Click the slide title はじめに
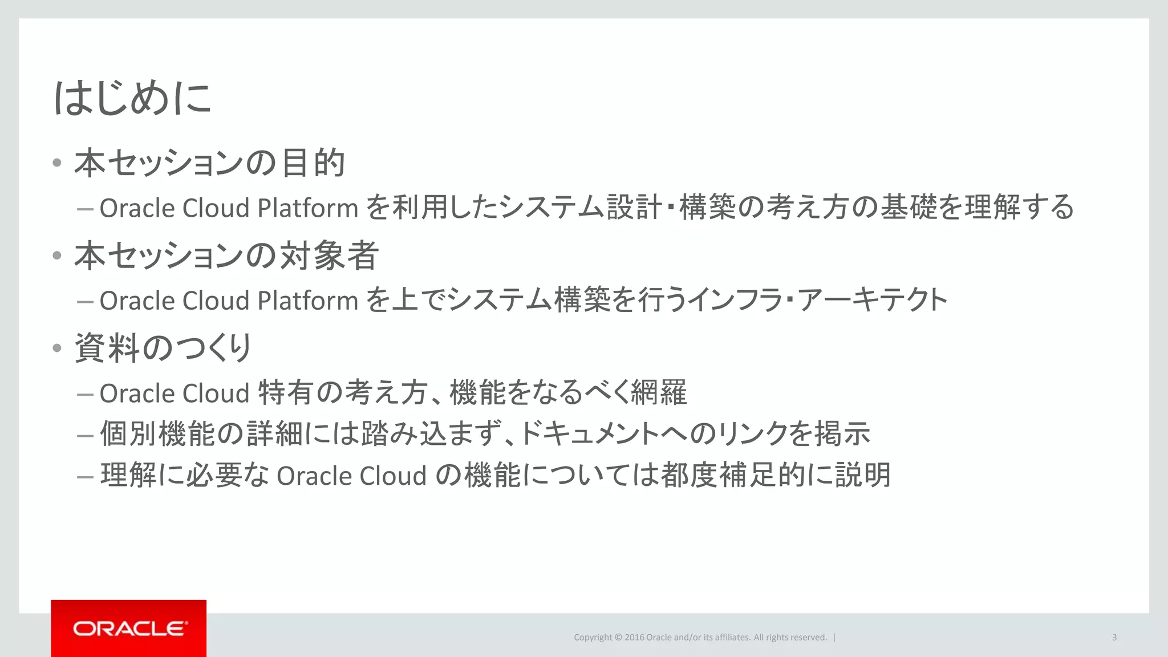[132, 98]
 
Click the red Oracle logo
[129, 628]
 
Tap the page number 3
[1114, 638]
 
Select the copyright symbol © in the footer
[618, 638]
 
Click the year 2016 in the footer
[634, 638]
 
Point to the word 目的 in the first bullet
[313, 163]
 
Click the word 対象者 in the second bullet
[330, 255]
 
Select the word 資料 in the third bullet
[107, 348]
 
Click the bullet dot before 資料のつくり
[56, 348]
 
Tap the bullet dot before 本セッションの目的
[56, 163]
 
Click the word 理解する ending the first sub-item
[1019, 207]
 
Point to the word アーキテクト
[873, 300]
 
